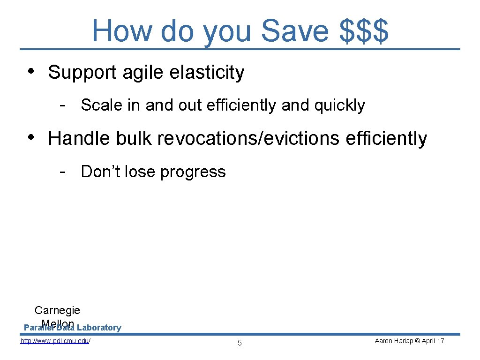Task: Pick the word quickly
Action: click(339, 106)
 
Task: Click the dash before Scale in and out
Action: click(62, 105)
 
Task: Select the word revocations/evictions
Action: click(249, 139)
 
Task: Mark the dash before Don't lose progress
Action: click(62, 171)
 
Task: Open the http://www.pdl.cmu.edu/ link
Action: click(55, 341)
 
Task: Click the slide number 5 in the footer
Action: click(240, 343)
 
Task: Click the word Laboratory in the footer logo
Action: click(99, 328)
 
